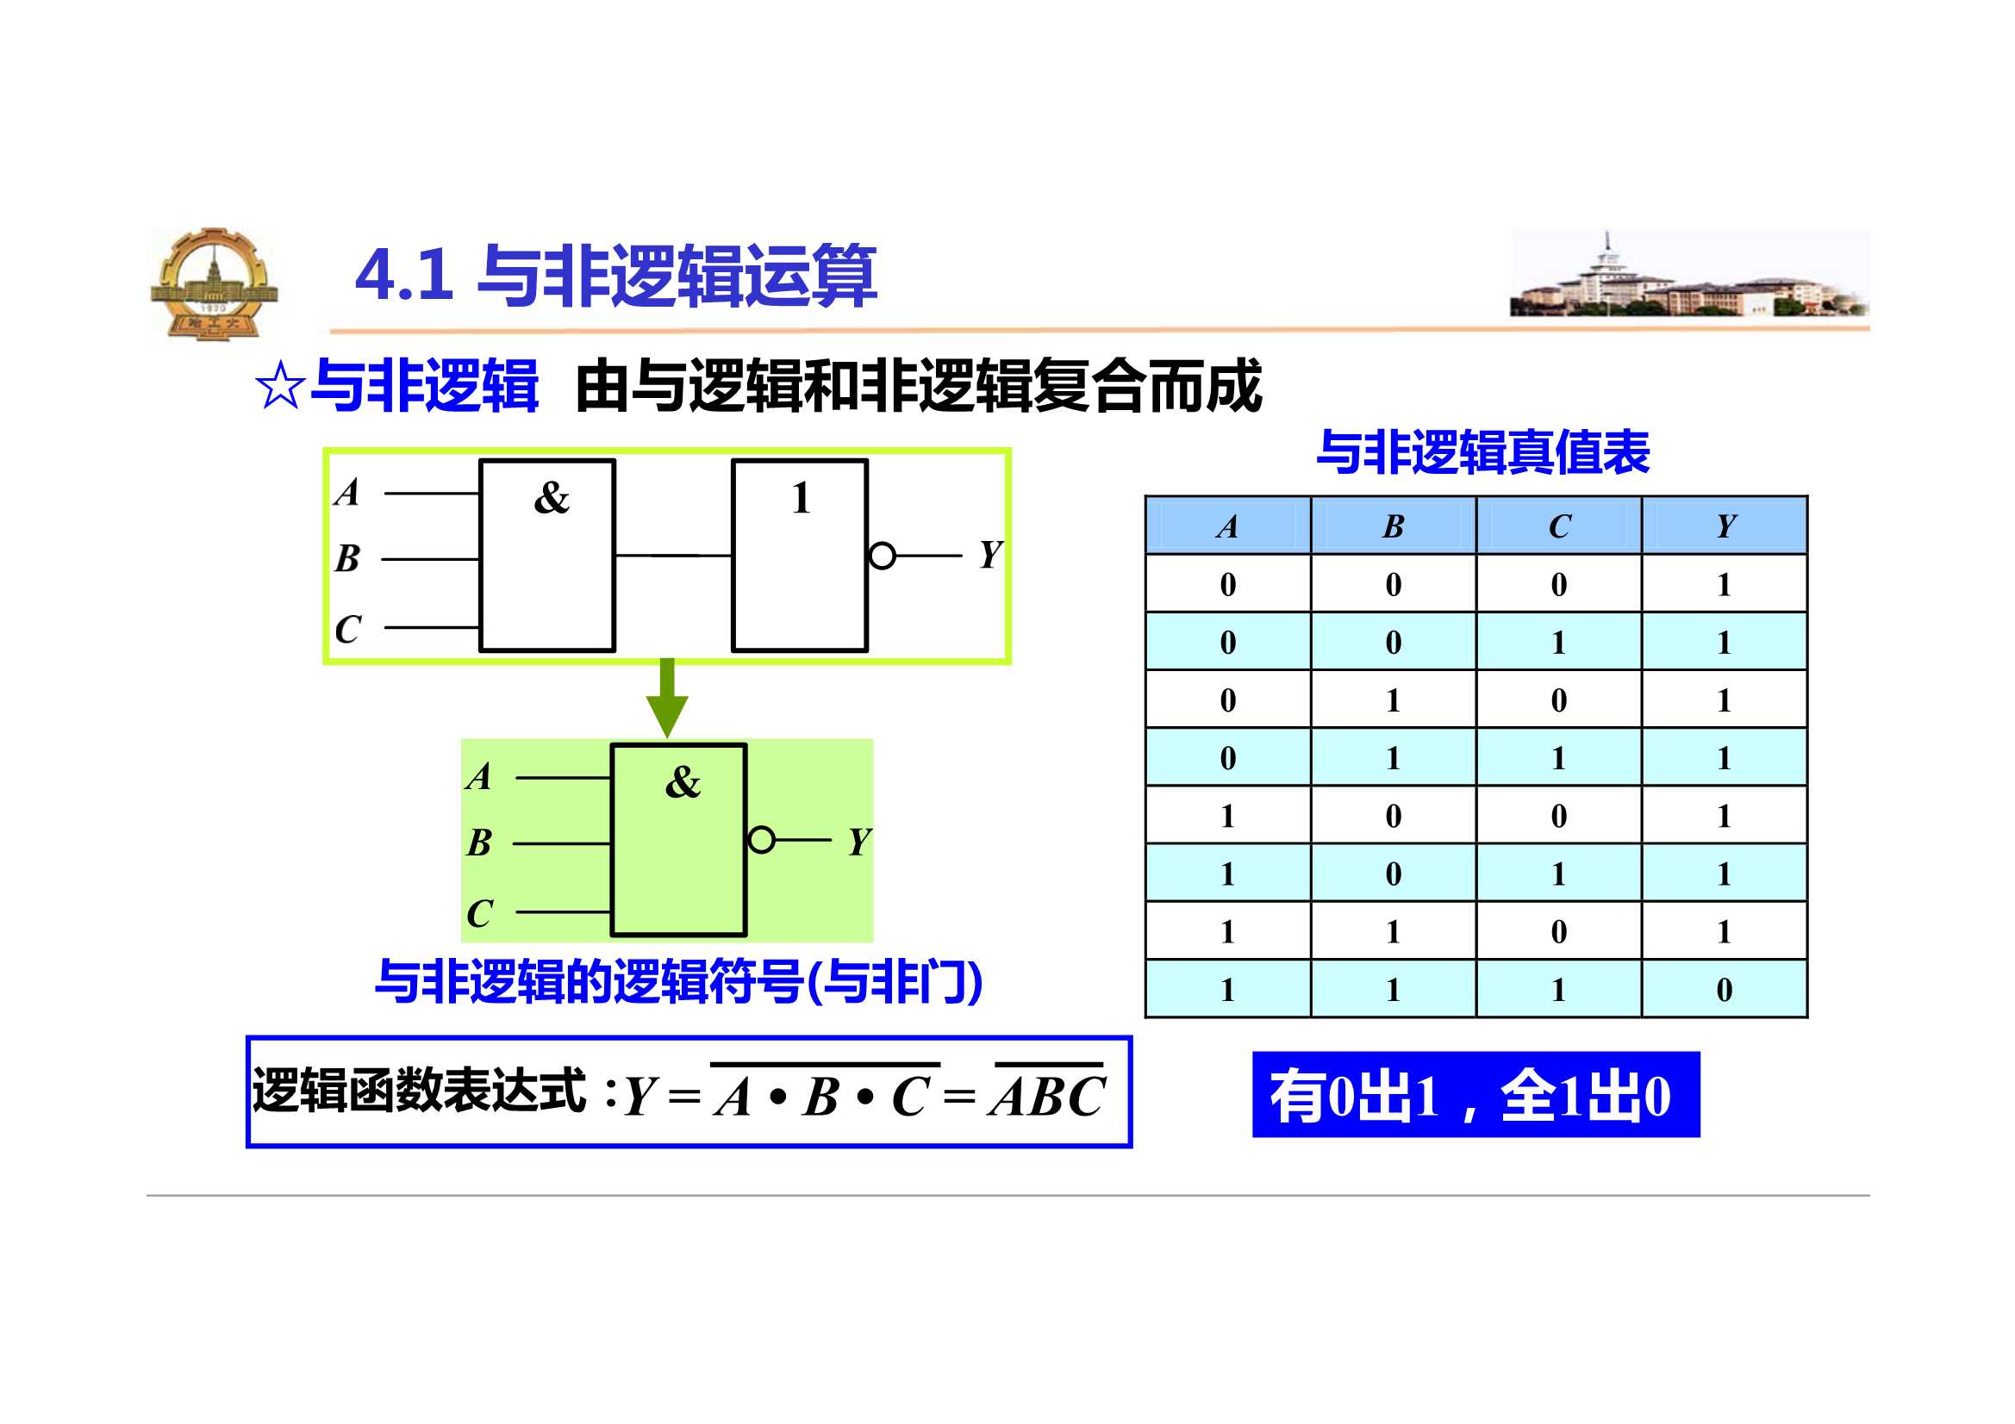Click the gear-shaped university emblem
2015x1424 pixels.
click(x=214, y=284)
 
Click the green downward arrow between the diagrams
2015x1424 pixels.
click(x=667, y=698)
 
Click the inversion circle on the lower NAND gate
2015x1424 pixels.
click(x=761, y=841)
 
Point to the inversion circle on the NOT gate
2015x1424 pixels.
click(x=882, y=556)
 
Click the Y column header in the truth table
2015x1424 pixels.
click(x=1725, y=525)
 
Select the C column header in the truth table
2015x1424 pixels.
click(x=1558, y=525)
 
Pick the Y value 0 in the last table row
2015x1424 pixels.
click(x=1725, y=990)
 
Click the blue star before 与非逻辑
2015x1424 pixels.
click(x=280, y=387)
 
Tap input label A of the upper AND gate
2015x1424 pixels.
click(x=347, y=492)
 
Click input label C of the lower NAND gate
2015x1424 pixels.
click(x=479, y=913)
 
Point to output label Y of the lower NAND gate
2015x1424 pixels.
click(x=859, y=843)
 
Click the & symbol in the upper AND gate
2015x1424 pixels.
click(x=551, y=497)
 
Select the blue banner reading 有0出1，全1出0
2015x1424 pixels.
click(x=1475, y=1094)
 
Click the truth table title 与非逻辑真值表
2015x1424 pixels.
click(x=1482, y=453)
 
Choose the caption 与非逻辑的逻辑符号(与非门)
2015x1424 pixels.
click(x=678, y=982)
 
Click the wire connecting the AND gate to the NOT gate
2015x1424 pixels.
click(x=673, y=556)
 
